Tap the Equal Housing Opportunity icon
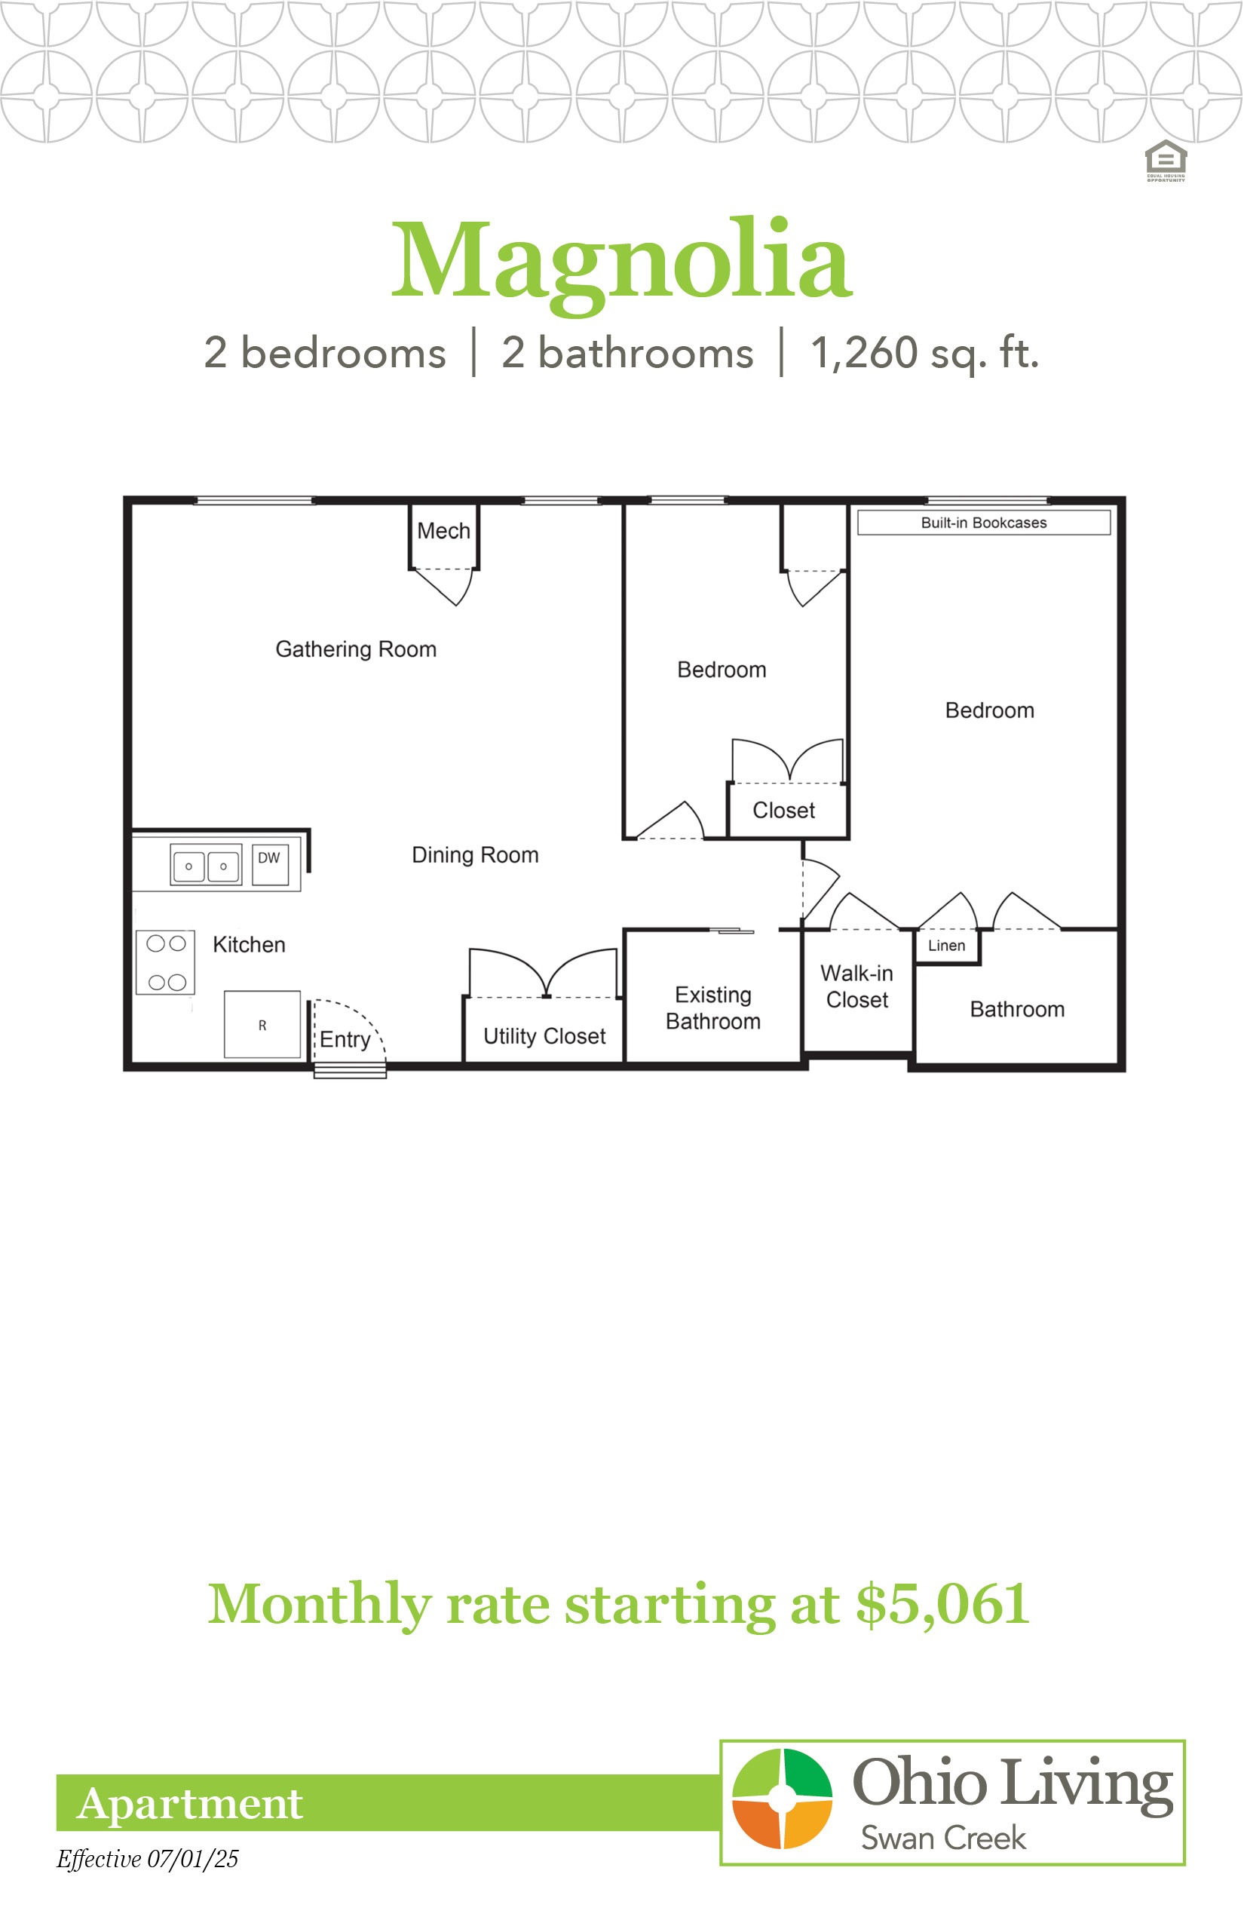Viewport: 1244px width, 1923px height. pos(1166,161)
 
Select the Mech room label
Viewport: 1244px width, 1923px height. pos(443,531)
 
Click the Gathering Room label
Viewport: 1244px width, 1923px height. pos(355,649)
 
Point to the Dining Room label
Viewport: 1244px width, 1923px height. pos(475,855)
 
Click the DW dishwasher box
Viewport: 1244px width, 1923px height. pos(270,864)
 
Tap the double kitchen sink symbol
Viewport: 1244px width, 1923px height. pos(206,866)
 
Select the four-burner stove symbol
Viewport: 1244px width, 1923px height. pos(166,961)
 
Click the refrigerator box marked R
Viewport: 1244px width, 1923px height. pos(262,1025)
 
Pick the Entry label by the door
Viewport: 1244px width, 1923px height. pos(345,1040)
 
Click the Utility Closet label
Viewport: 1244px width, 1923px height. pos(544,1037)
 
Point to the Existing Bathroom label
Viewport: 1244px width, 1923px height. pos(713,1008)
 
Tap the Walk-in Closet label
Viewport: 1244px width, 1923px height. pos(857,986)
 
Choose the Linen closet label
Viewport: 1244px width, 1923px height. pos(947,946)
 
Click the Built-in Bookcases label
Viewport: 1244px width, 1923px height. pos(984,523)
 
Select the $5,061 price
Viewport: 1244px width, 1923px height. pos(942,1604)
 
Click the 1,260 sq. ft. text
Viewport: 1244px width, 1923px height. pos(924,353)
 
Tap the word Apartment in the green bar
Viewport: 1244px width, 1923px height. pos(190,1804)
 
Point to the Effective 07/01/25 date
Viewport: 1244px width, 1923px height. pos(147,1859)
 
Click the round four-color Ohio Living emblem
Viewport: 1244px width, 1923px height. pos(782,1799)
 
